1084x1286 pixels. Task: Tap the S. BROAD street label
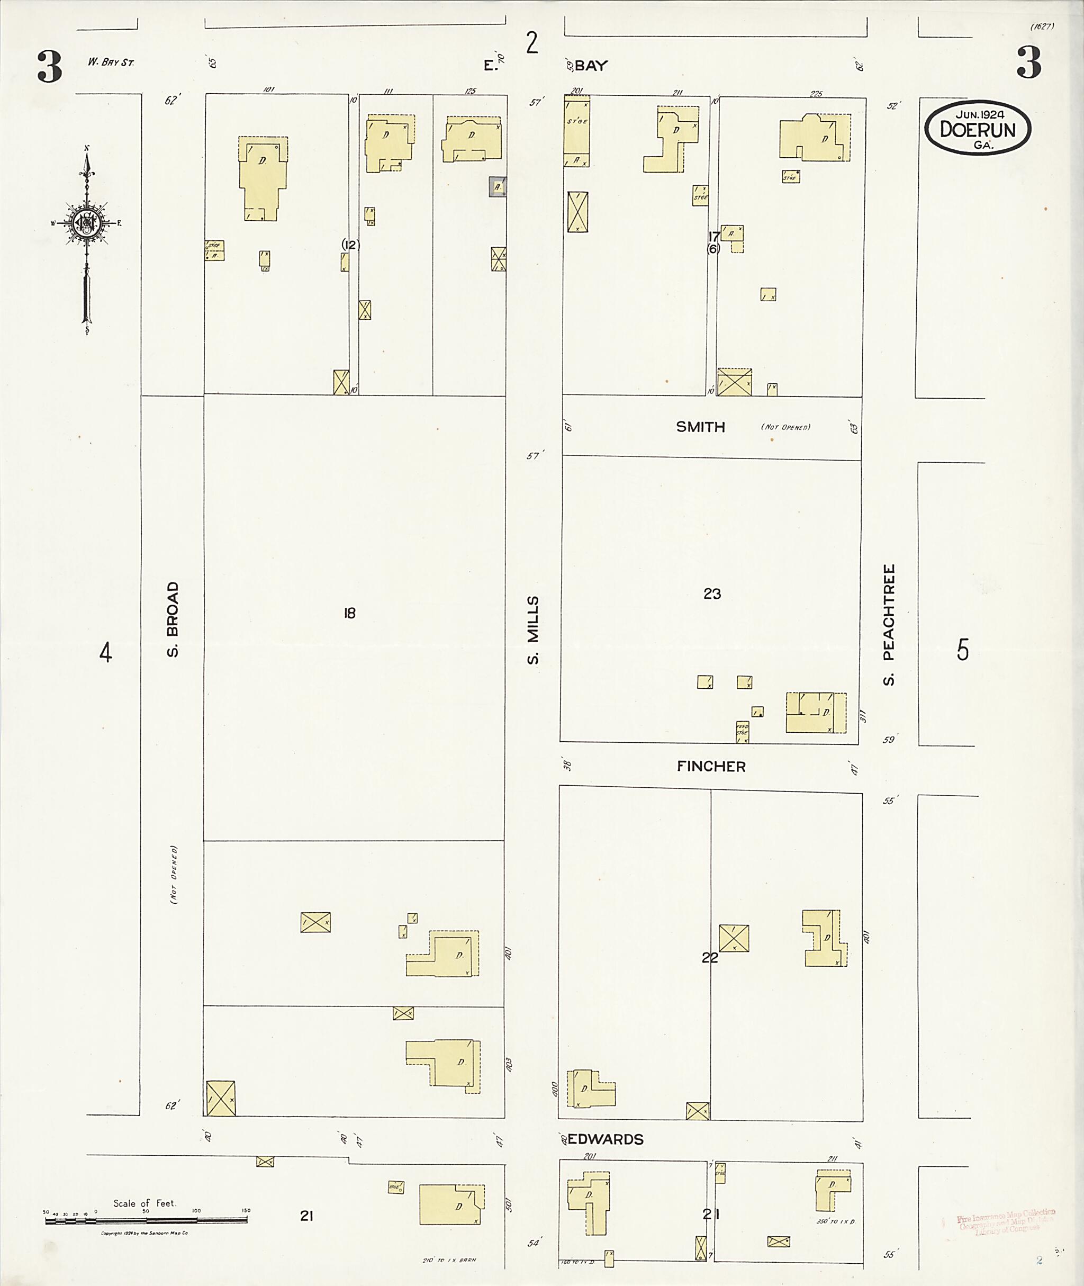pos(173,619)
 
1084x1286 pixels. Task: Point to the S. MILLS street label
pos(533,630)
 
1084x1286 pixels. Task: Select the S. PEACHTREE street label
pos(889,625)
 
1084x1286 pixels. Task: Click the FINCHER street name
pos(711,766)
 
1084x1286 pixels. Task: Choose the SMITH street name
pos(701,427)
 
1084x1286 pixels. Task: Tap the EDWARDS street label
pos(606,1139)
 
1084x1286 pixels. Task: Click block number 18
pos(350,613)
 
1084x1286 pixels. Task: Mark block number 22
pos(710,958)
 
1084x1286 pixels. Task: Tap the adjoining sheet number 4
pos(106,652)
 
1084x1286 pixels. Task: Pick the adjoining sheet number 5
pos(962,650)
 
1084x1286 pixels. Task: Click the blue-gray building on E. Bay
pos(497,186)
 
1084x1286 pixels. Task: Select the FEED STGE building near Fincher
pos(742,732)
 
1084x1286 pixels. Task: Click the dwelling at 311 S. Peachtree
pos(816,713)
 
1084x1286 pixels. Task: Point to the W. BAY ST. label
pos(111,62)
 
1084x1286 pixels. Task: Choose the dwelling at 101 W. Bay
pos(263,177)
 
